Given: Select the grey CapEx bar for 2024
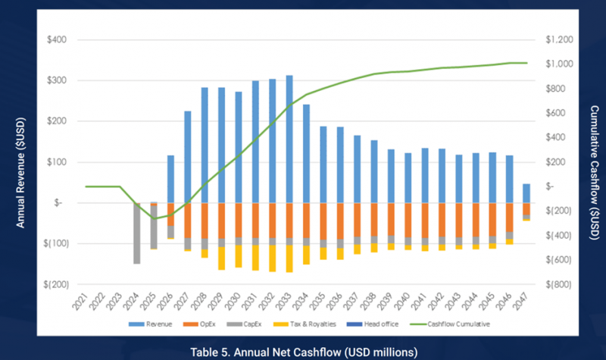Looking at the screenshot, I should pos(137,233).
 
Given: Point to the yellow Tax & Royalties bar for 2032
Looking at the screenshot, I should pos(272,258).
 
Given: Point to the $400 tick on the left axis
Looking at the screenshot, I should pos(57,39).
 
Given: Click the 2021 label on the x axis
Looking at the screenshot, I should pos(87,303).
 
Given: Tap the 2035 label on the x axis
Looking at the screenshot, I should pos(323,303).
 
